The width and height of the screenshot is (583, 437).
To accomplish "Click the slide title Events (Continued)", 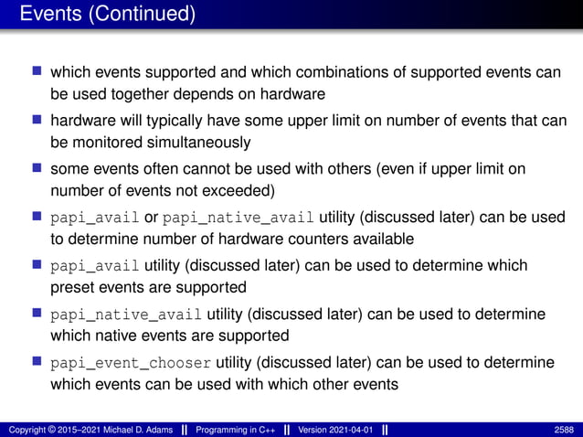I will [107, 15].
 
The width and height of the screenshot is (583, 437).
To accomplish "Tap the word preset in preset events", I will [70, 287].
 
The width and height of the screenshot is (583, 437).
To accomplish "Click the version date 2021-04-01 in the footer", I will [346, 429].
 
